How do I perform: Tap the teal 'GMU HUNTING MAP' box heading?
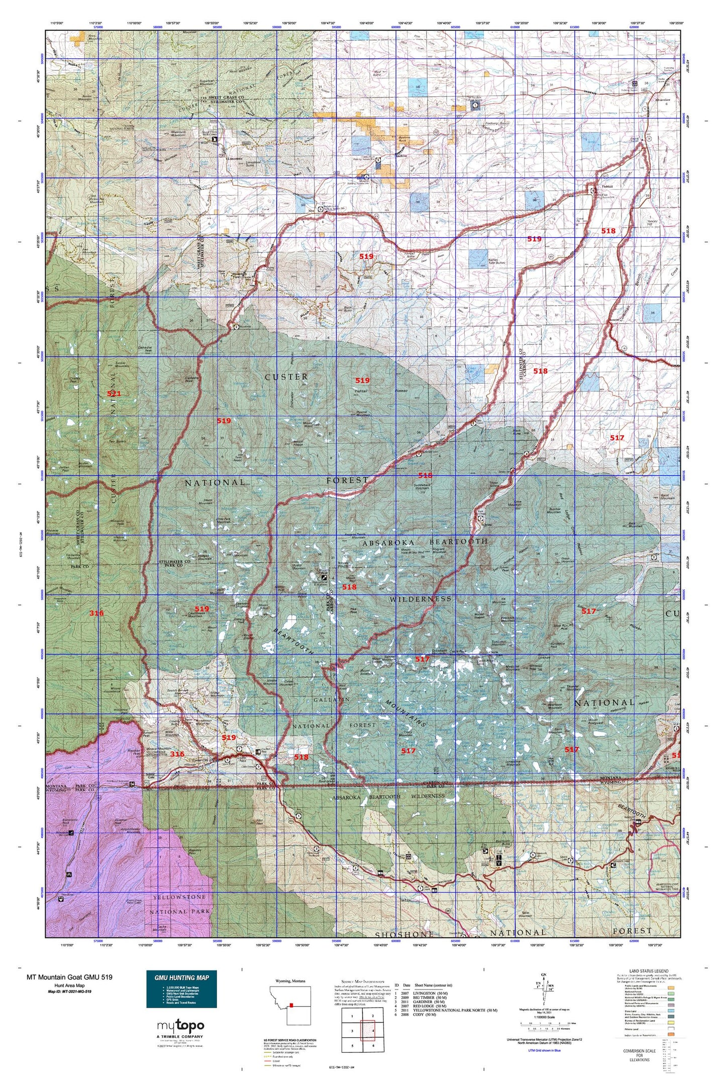click(181, 977)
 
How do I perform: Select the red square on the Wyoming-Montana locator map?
click(291, 1006)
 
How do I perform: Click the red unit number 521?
click(114, 394)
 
